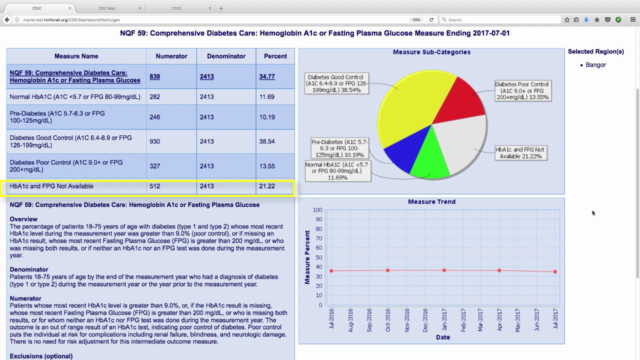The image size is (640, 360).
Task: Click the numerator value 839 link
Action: click(x=154, y=76)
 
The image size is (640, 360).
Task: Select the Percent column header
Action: click(x=275, y=56)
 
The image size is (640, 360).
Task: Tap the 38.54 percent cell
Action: click(x=267, y=141)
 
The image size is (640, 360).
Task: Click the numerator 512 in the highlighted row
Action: click(x=154, y=186)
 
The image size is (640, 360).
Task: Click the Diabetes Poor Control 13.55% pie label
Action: click(x=522, y=90)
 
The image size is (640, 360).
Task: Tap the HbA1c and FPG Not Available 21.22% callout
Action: click(x=519, y=153)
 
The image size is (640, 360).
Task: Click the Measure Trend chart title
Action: click(x=431, y=201)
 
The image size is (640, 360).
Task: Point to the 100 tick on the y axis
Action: click(x=317, y=210)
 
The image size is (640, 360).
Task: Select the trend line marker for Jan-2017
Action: click(x=444, y=270)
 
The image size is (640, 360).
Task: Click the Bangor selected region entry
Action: click(x=595, y=65)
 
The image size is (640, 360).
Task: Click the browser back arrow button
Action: click(x=7, y=19)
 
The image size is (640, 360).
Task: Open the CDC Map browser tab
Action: click(x=107, y=8)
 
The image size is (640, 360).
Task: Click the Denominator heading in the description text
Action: click(x=29, y=269)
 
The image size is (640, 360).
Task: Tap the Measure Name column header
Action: click(x=76, y=56)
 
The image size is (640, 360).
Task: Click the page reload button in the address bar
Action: click(x=431, y=19)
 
